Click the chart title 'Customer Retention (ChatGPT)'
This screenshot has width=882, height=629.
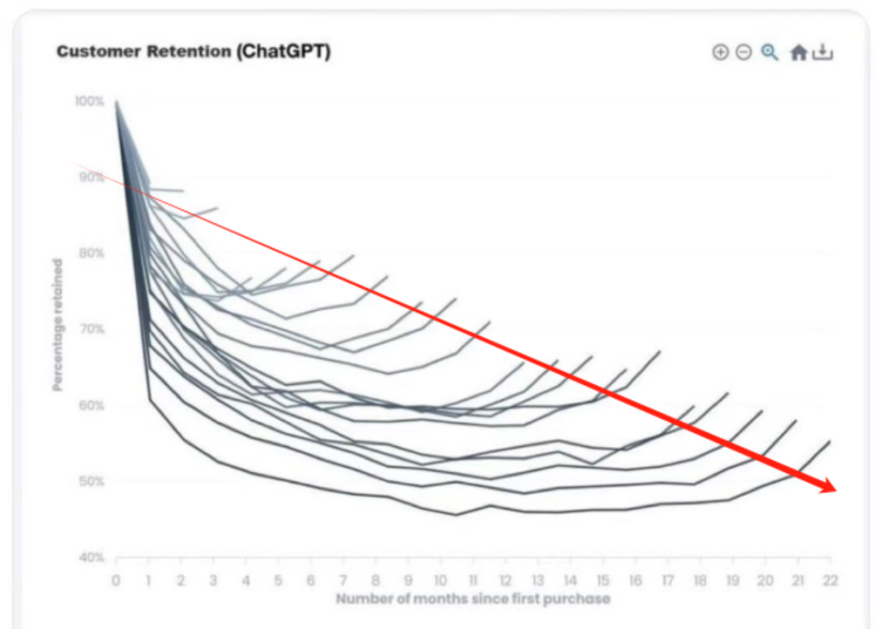pos(194,51)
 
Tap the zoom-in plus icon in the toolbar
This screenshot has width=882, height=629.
pos(719,52)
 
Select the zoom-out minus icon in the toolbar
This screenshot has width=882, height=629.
pos(743,52)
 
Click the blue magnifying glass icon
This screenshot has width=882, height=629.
pos(769,52)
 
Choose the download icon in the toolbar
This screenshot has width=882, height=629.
pos(823,52)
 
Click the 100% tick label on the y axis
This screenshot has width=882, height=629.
pos(89,101)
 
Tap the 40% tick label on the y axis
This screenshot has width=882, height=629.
pos(91,558)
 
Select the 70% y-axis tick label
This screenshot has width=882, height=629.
pos(91,330)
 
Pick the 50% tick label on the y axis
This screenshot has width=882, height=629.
pos(91,481)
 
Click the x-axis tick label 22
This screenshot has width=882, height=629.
pos(830,581)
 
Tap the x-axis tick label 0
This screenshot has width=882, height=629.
pos(116,581)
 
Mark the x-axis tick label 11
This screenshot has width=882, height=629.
pos(473,581)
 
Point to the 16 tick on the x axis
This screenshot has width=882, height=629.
pos(635,581)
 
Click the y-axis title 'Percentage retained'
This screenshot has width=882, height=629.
pos(58,325)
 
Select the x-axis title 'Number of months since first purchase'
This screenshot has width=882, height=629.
pos(473,600)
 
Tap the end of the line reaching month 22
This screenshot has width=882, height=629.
pos(830,441)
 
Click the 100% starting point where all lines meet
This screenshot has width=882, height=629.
pos(116,102)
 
